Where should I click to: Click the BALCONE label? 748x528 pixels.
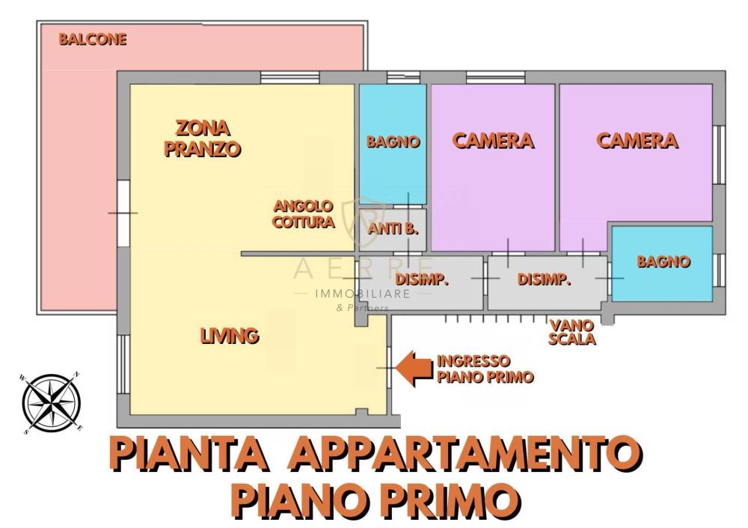click(x=93, y=39)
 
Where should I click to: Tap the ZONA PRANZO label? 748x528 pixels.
click(x=202, y=138)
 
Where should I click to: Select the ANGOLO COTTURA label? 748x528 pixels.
click(x=304, y=214)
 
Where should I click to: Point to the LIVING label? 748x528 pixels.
click(x=230, y=336)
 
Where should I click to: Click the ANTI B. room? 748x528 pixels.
click(x=393, y=230)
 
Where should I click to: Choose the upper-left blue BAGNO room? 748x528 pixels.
click(x=393, y=144)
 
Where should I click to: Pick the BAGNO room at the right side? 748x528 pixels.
click(x=662, y=263)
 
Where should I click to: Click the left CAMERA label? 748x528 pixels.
click(x=493, y=141)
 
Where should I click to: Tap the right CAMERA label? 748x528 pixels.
click(x=637, y=141)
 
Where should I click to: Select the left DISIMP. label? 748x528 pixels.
click(x=422, y=279)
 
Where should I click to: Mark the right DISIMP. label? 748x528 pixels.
click(x=545, y=279)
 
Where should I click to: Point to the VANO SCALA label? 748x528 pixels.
click(x=572, y=332)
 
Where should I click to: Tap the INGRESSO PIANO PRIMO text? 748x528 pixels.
click(x=485, y=369)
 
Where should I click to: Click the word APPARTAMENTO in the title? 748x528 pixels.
click(x=465, y=453)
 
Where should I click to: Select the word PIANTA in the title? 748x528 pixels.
click(x=189, y=453)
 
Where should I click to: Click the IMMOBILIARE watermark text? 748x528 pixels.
click(x=363, y=294)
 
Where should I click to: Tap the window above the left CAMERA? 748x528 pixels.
click(x=496, y=77)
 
